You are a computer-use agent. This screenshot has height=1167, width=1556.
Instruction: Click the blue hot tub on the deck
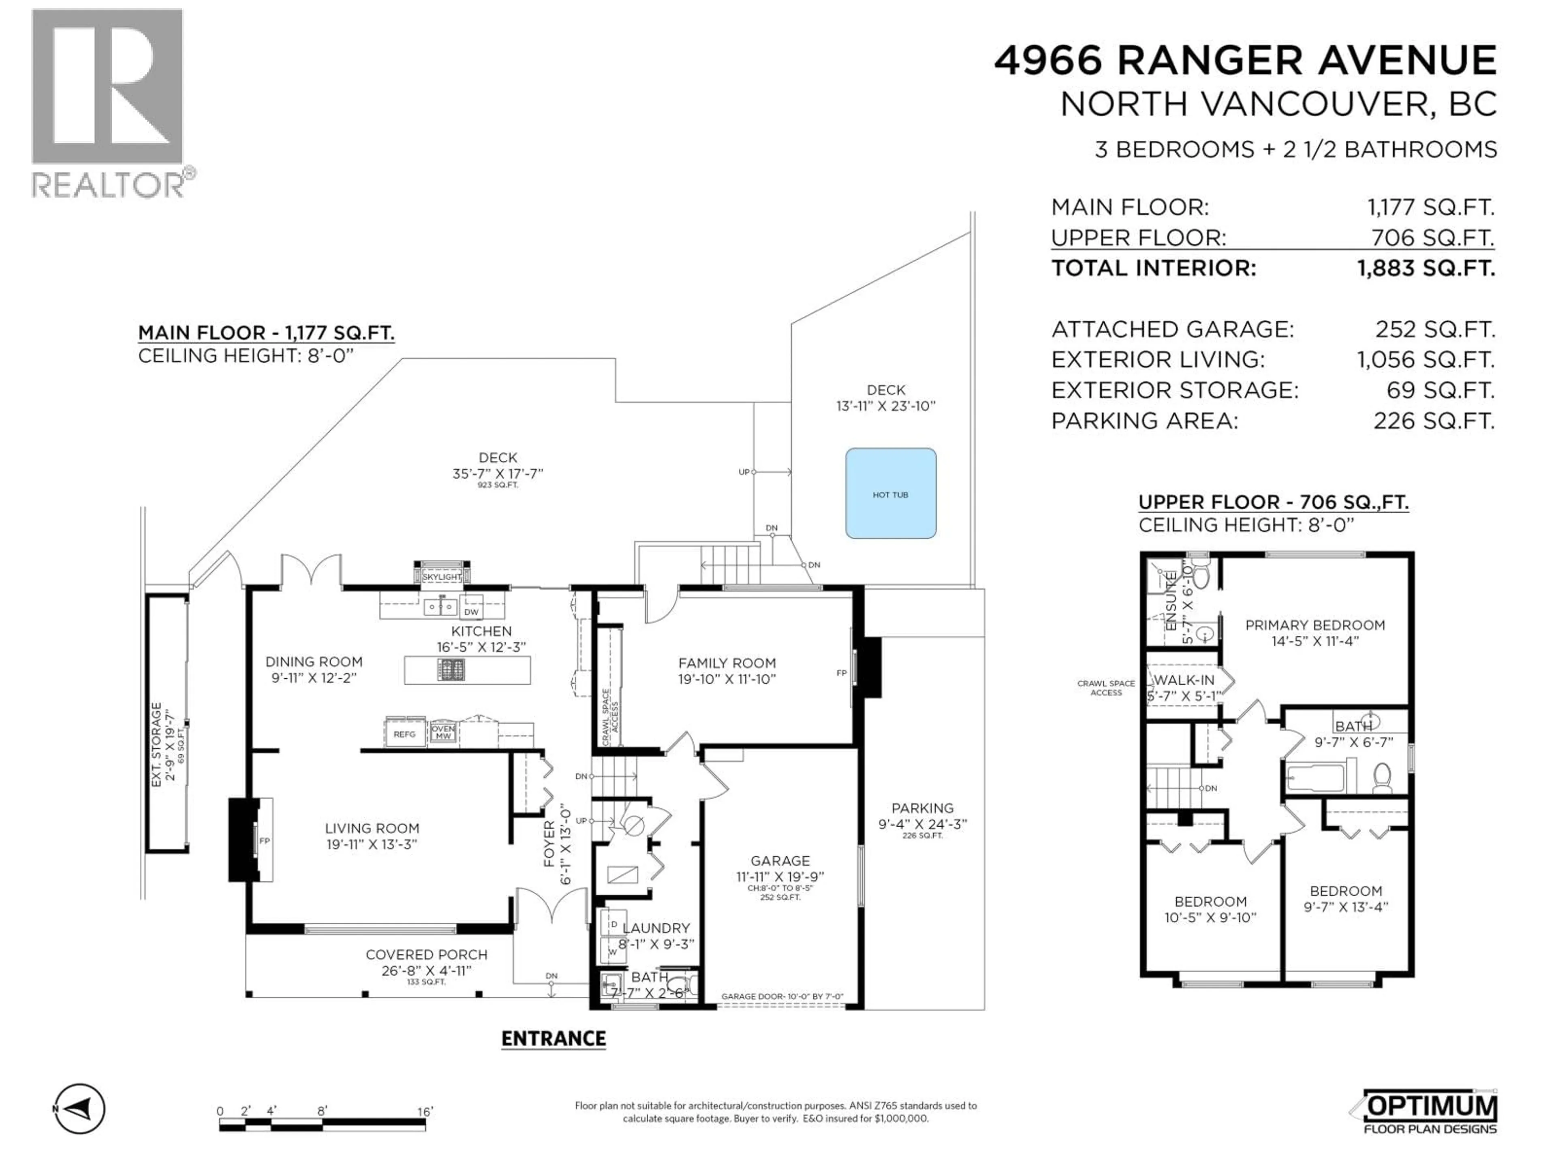coord(891,494)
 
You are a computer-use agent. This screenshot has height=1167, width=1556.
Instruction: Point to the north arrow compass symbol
coord(79,1109)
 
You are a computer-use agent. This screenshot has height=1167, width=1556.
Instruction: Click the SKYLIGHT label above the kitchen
coord(442,577)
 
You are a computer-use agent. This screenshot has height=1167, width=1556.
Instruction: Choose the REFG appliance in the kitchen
coord(404,734)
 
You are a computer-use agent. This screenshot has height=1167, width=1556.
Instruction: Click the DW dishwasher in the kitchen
coord(471,611)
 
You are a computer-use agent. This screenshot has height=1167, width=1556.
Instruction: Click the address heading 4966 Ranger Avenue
coord(1245,60)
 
